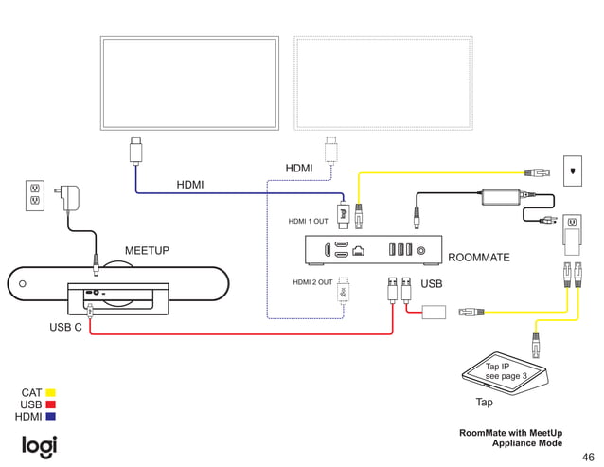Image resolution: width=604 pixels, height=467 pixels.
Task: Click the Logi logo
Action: tap(39, 445)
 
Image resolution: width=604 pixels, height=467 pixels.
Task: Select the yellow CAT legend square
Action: tap(50, 392)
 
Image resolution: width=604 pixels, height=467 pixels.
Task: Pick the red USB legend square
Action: tap(50, 404)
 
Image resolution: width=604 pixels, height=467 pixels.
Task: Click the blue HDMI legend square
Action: tap(50, 417)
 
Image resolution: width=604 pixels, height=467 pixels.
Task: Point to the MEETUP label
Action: tap(147, 251)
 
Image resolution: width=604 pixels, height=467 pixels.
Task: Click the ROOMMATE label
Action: tap(478, 258)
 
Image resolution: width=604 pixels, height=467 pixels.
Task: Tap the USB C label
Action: tap(65, 328)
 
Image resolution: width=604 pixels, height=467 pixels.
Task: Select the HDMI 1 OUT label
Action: tap(308, 221)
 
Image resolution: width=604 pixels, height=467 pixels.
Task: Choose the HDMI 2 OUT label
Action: tap(312, 282)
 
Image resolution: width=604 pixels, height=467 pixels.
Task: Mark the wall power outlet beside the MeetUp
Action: tap(35, 195)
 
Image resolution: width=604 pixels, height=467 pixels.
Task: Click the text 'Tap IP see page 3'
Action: tap(506, 370)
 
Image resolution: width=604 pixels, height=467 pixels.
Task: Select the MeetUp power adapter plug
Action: tap(69, 198)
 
